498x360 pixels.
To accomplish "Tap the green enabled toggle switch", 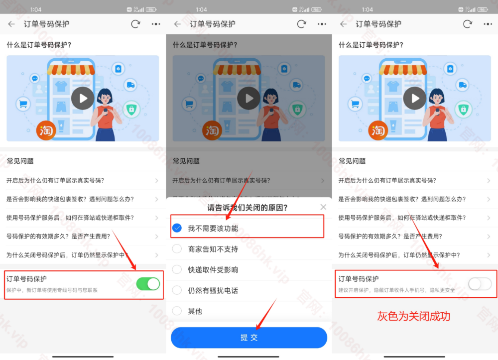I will point(148,284).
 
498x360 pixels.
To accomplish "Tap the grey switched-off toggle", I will point(480,284).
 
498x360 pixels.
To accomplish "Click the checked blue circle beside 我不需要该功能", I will point(177,228).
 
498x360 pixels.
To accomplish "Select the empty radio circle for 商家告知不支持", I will point(177,249).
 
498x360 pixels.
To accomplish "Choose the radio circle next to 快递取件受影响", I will point(177,269).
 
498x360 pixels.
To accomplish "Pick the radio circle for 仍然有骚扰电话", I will point(177,290).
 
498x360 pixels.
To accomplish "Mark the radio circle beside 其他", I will point(177,311).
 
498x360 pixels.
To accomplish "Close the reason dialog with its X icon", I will point(323,207).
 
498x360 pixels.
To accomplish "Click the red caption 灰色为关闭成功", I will point(413,316).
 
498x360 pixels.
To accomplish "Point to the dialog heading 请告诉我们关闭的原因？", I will point(248,207).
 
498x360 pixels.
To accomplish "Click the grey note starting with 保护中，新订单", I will point(52,290).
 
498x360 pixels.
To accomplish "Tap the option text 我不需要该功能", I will point(213,229).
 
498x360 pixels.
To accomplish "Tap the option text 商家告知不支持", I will point(213,249).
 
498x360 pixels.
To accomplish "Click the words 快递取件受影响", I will point(213,270).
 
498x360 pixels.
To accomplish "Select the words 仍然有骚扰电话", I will point(213,290).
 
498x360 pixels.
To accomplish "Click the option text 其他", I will point(195,311).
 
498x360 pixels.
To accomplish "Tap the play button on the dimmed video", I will point(249,98).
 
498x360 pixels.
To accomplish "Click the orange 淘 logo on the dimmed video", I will point(212,130).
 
